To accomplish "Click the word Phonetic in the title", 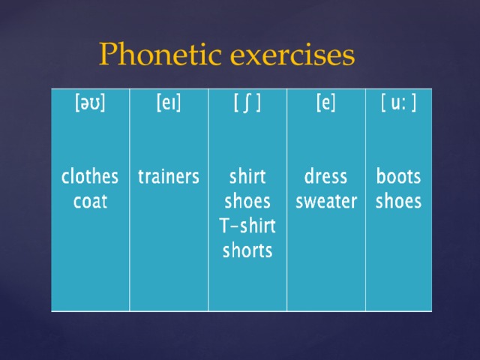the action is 160,54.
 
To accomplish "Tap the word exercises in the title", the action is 292,55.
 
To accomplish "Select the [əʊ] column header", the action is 90,103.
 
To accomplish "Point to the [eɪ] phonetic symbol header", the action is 169,103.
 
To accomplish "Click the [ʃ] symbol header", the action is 247,103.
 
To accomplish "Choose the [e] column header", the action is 326,103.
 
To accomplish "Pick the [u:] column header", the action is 398,103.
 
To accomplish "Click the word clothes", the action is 90,177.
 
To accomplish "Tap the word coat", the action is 90,202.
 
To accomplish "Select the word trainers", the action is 169,177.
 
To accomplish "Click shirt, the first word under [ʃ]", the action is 247,177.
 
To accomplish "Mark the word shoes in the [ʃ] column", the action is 247,201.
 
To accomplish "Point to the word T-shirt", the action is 247,226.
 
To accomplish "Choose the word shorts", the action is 247,250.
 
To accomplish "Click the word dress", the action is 325,177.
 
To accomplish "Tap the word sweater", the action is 326,202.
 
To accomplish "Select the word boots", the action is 398,177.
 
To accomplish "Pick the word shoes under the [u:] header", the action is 398,201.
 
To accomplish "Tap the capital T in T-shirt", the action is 225,226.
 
